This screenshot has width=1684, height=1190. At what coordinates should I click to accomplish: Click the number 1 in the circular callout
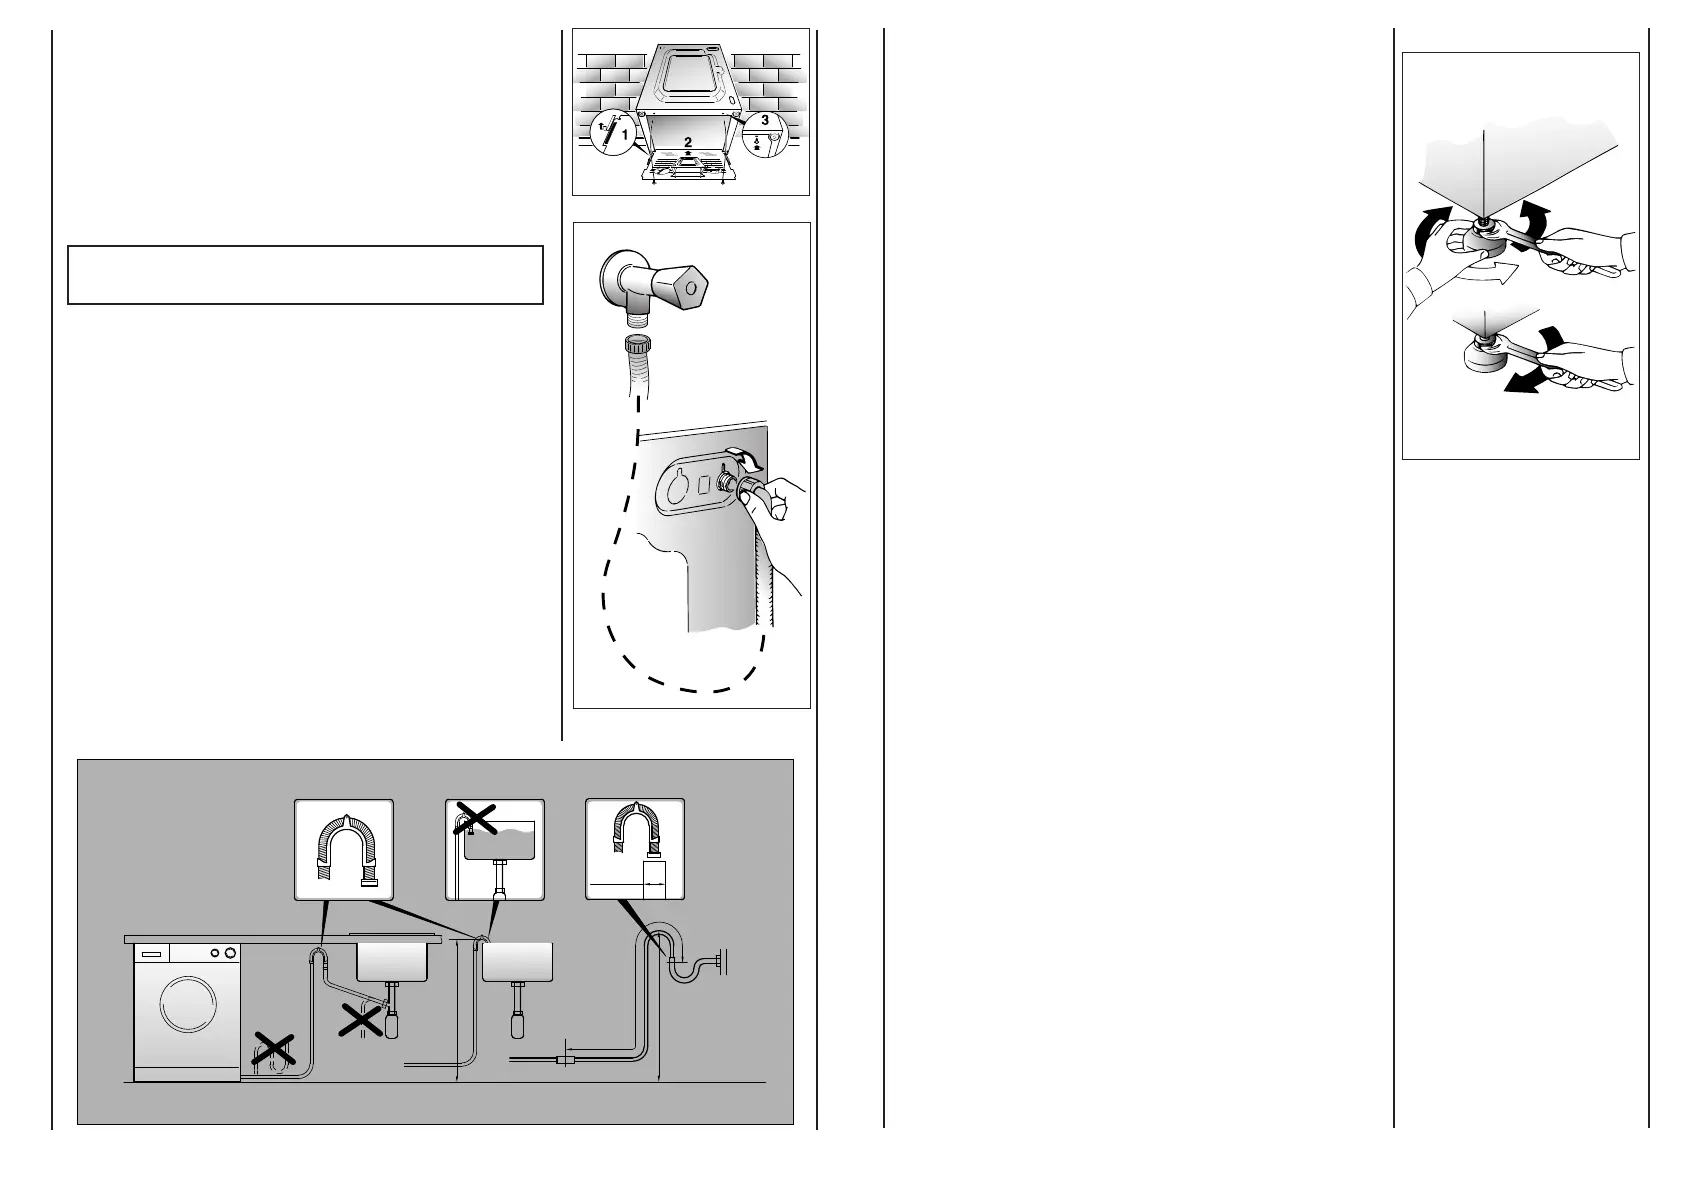(624, 132)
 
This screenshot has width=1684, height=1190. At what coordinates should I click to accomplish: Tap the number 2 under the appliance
(689, 142)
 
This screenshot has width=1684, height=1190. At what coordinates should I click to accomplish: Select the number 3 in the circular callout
(765, 120)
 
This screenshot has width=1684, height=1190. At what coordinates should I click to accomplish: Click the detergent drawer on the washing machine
(146, 955)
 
